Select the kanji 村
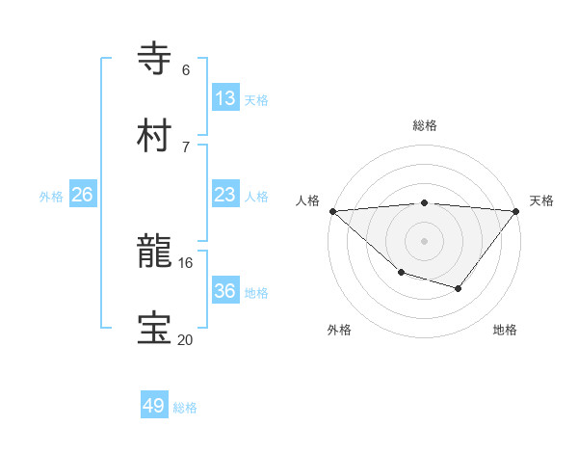point(155,136)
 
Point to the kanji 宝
point(155,329)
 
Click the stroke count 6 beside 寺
point(186,70)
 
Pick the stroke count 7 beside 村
point(186,147)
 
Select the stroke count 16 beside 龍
point(186,262)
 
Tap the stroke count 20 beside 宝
point(186,339)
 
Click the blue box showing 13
point(224,98)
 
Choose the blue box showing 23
point(224,195)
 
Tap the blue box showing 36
point(224,291)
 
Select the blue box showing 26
point(82,195)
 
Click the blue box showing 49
point(154,406)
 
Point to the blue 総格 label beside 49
point(185,408)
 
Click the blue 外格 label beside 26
point(51,197)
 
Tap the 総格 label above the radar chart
point(425,125)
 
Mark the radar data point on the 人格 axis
point(332,210)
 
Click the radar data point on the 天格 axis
point(516,210)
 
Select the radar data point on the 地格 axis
point(459,288)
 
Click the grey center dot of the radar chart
point(425,240)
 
